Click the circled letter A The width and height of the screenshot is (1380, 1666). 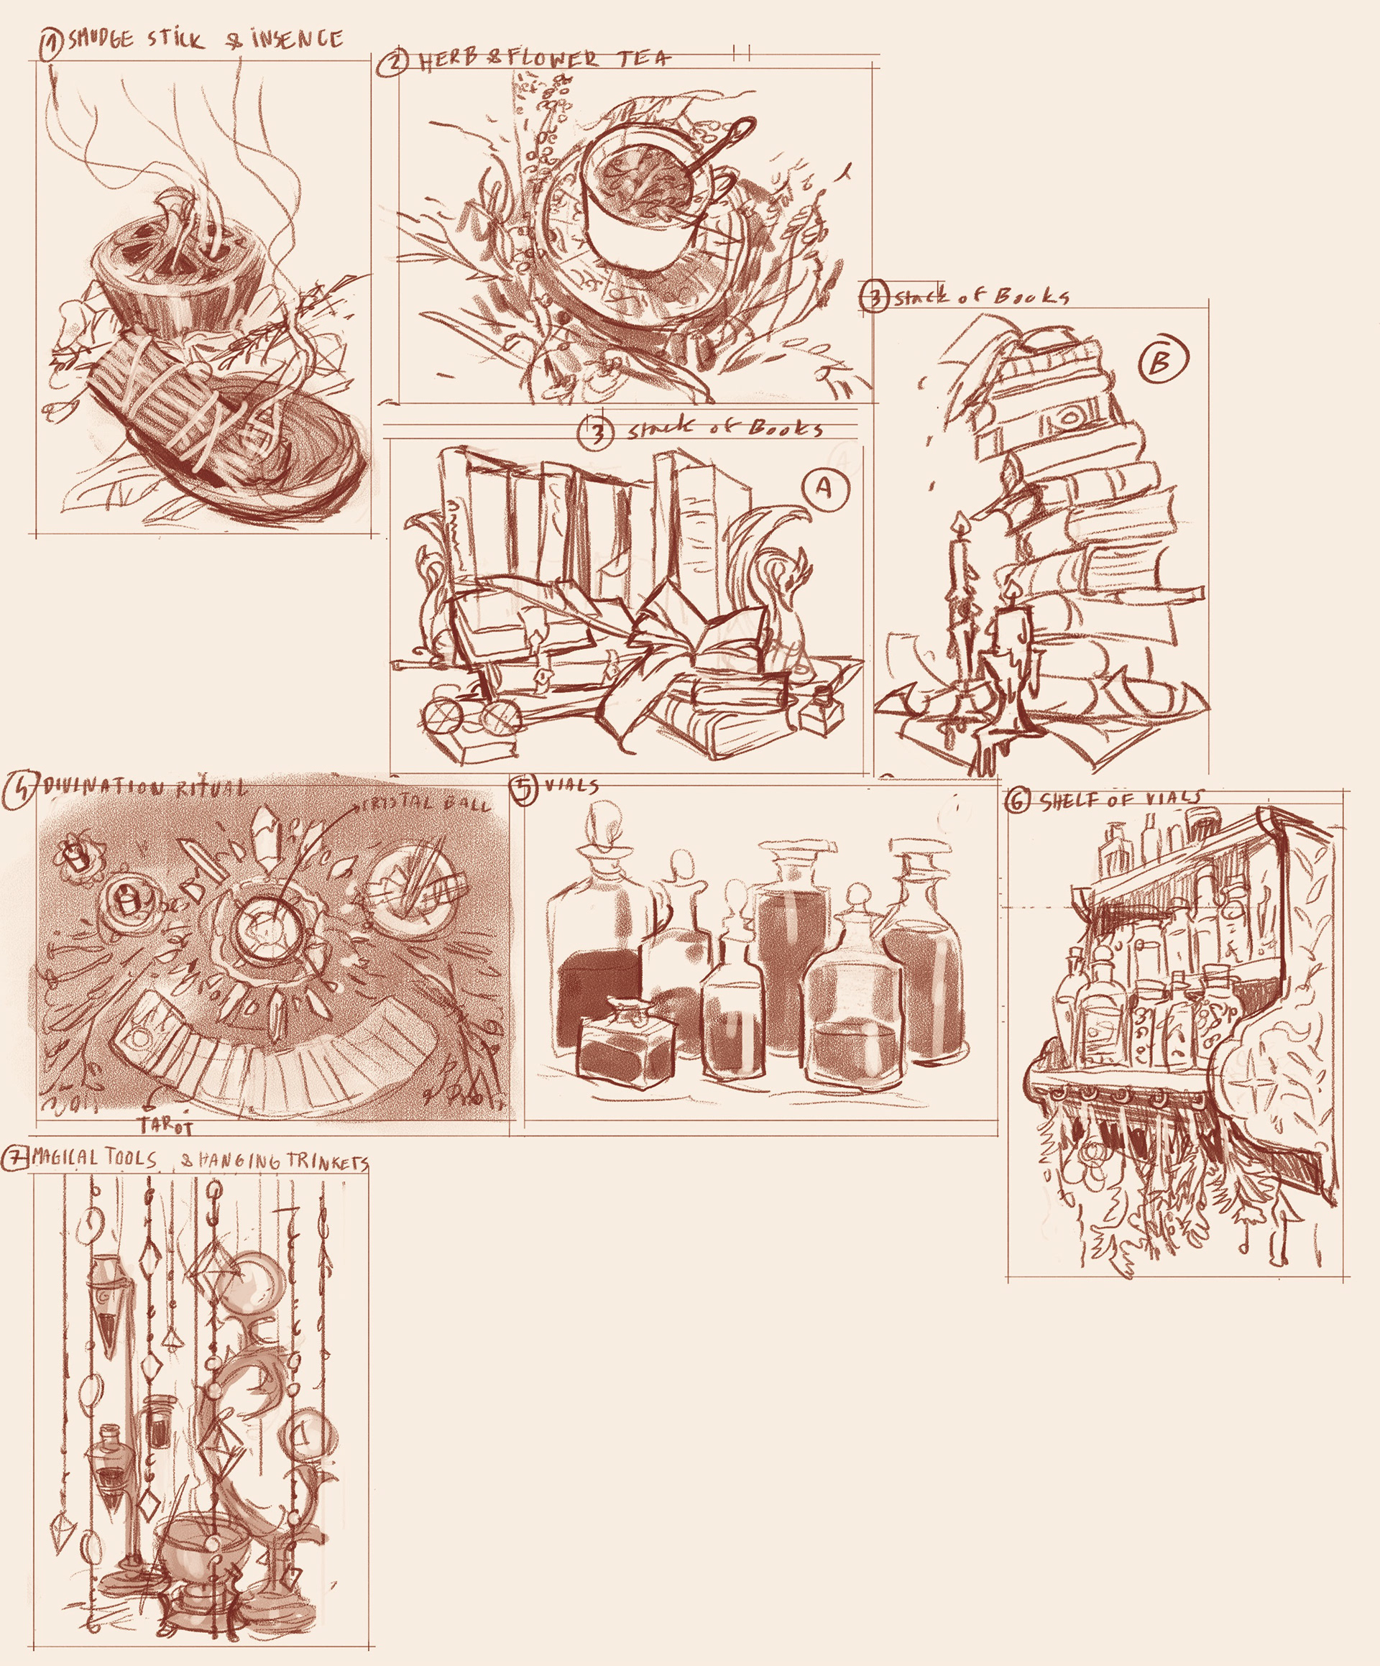click(x=824, y=489)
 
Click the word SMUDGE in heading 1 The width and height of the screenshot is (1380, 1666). click(x=101, y=40)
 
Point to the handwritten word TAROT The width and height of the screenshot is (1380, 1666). click(x=166, y=1125)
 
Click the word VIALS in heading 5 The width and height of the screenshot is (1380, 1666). click(x=571, y=786)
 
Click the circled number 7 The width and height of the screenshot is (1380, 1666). click(x=14, y=1159)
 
